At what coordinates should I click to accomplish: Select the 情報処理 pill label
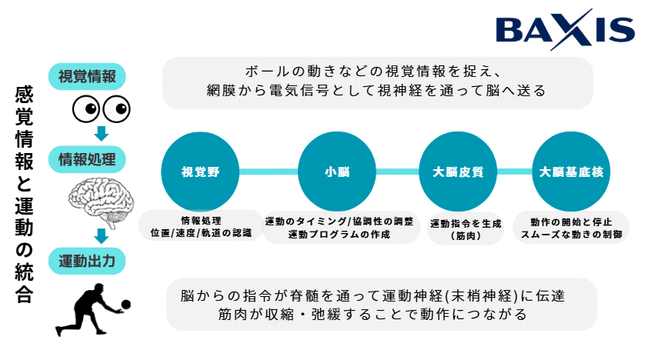coord(87,160)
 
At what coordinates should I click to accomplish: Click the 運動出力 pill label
coord(87,260)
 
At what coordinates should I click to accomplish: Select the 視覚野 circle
coord(200,172)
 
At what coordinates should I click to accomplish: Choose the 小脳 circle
coord(336,172)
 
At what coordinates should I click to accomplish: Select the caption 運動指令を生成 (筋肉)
coord(465,229)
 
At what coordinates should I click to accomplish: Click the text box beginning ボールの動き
coord(377,81)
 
